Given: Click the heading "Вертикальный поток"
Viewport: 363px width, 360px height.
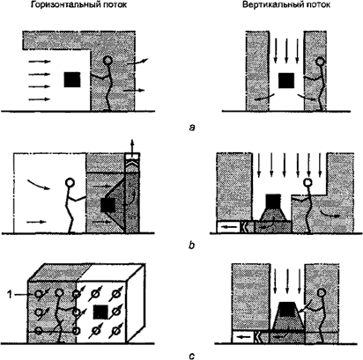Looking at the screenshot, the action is click(286, 5).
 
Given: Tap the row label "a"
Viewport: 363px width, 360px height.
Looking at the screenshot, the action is click(192, 128).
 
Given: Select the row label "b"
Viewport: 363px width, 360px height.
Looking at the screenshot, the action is click(191, 245).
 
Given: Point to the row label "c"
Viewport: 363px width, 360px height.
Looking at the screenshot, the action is click(192, 356).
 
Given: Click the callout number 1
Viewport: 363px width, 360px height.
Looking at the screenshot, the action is click(10, 294).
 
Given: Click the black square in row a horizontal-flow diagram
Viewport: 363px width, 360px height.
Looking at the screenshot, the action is click(72, 80).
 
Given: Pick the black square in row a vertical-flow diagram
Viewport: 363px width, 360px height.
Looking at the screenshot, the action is click(286, 81).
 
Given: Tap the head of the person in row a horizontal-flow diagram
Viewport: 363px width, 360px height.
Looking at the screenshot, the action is click(107, 61).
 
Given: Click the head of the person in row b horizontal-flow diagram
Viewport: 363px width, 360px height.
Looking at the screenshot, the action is click(70, 182).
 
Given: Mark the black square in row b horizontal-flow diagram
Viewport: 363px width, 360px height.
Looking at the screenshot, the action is click(107, 205).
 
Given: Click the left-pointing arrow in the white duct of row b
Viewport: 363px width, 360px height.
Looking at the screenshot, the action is click(228, 227).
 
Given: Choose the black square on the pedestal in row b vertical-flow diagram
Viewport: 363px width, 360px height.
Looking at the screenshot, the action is click(273, 201).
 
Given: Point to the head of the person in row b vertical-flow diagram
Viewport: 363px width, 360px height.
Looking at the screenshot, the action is click(307, 183).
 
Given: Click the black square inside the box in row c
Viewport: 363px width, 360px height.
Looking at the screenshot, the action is click(100, 312).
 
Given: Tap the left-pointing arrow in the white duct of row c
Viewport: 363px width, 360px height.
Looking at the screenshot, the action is click(243, 337).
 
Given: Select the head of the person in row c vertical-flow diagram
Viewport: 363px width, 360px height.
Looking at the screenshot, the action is click(322, 292).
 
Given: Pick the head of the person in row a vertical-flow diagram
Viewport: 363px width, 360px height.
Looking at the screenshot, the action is click(320, 62).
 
